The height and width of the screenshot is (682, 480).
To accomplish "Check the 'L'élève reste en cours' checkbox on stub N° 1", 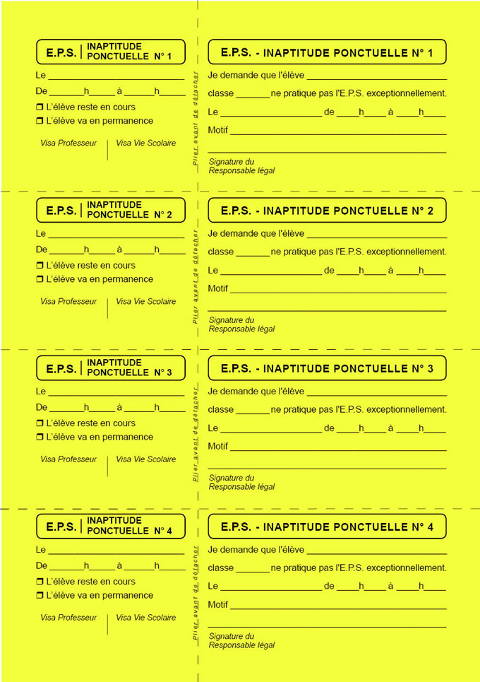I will point(40,107).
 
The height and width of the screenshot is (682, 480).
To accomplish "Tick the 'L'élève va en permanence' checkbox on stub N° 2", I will point(40,279).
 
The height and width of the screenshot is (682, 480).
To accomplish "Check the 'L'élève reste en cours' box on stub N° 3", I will point(40,423).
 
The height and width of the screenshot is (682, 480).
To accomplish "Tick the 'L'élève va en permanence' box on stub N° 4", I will point(40,596).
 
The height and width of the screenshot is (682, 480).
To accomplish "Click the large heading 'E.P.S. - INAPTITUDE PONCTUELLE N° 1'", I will point(327,52).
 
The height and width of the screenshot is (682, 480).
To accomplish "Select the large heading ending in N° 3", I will point(327,369).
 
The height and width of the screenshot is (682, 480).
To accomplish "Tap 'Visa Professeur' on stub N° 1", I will point(68,143).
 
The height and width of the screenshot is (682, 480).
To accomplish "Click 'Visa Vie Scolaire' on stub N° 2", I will point(146,301).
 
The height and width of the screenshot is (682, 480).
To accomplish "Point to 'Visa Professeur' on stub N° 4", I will point(68,618).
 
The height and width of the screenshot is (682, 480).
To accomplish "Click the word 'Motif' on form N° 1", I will point(218,130).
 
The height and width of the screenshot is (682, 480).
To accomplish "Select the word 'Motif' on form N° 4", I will point(218,605).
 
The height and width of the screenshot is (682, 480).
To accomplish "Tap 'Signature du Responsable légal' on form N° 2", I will point(241,324).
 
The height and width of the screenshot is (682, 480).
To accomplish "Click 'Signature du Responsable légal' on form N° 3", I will point(241,483).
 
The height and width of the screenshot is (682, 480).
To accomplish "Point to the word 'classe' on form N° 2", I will point(221,252).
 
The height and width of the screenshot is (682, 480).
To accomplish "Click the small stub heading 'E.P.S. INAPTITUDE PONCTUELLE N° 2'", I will point(110,210).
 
